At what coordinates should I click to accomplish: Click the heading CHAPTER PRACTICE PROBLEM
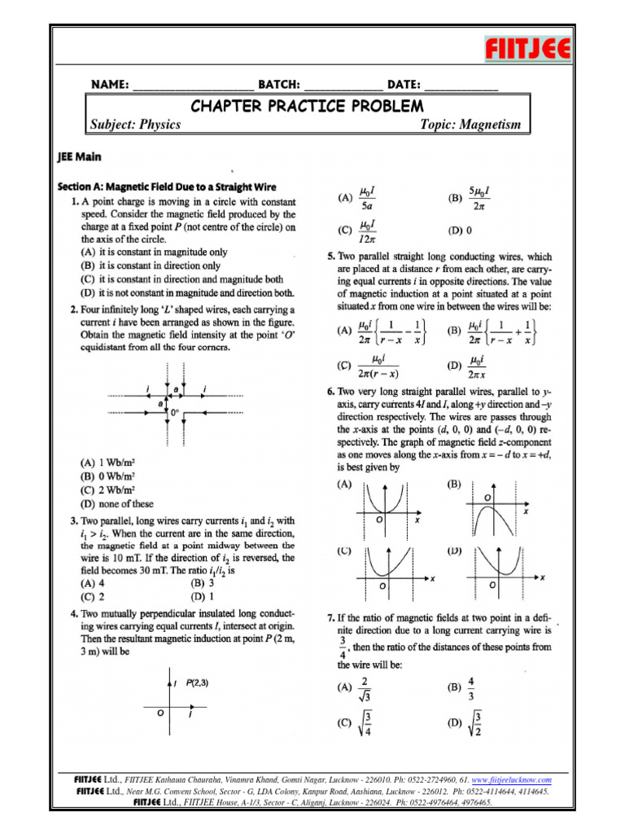[307, 106]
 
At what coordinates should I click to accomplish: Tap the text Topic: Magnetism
[470, 125]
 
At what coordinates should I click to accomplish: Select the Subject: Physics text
[135, 125]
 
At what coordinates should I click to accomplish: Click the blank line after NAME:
[192, 85]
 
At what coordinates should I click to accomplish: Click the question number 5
[320, 256]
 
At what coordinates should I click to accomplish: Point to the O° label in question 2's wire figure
[174, 413]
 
